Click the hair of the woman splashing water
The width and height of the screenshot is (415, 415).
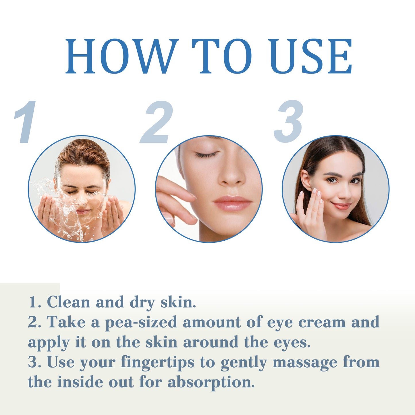[x=83, y=152]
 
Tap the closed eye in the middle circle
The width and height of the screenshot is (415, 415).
[x=206, y=155]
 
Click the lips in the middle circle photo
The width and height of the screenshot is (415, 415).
[x=232, y=203]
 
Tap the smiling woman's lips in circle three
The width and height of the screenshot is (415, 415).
[x=341, y=206]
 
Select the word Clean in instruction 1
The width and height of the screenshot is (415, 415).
[x=68, y=302]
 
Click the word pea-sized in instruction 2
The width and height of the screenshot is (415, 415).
[x=141, y=322]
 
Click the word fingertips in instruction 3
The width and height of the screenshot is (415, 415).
[x=157, y=362]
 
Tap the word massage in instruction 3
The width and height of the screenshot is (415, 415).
[x=305, y=362]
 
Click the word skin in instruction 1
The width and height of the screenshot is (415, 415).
[x=178, y=302]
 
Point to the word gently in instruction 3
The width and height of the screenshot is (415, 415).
[x=244, y=362]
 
